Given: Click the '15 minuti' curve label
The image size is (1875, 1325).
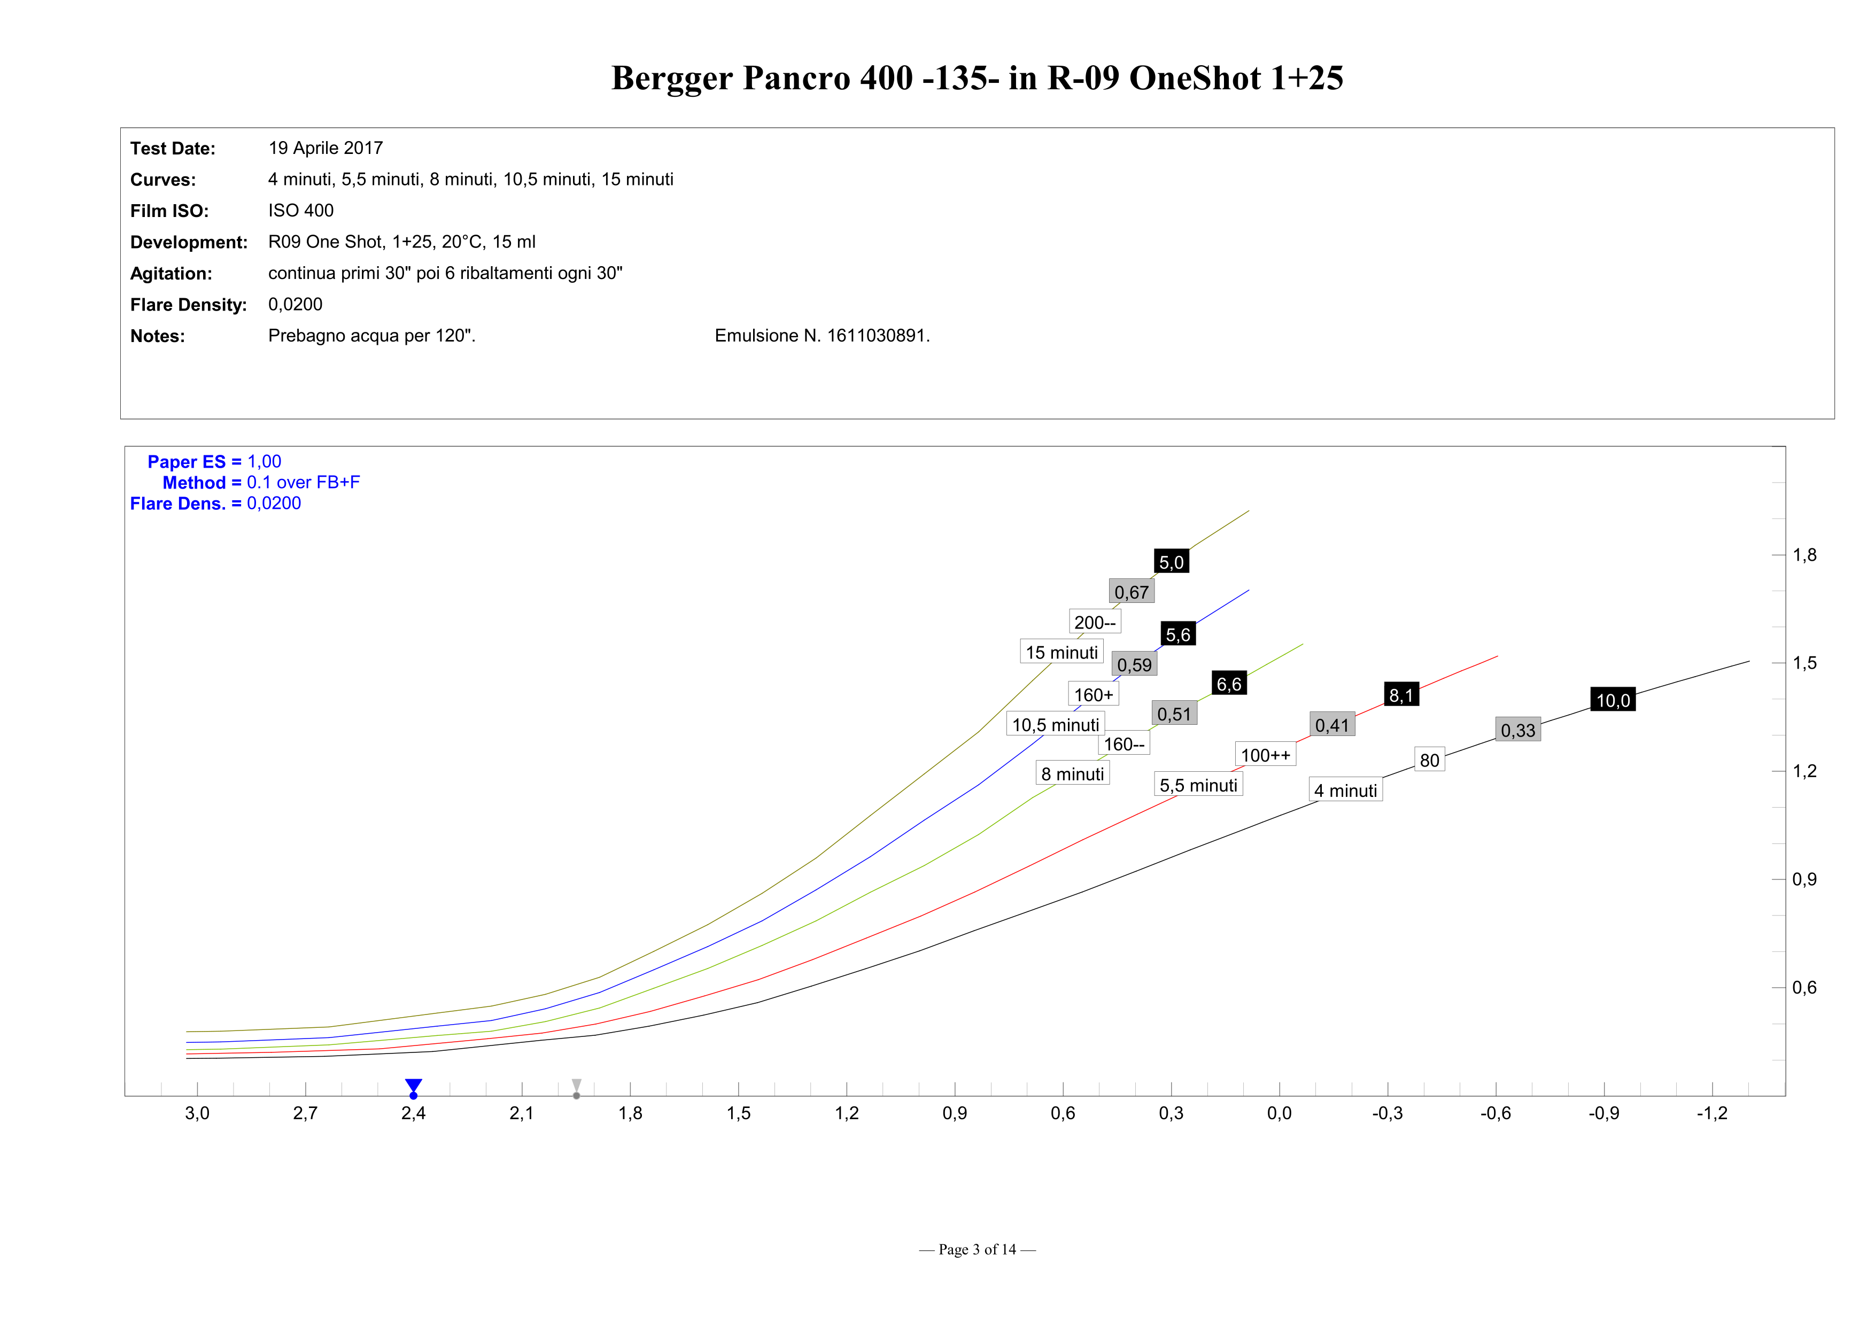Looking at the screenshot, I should (1062, 652).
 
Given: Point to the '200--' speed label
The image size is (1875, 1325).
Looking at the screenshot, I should (1094, 622).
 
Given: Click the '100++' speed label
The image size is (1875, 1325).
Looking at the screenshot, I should (1265, 755).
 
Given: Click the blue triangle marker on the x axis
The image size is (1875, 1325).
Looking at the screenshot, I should (413, 1086).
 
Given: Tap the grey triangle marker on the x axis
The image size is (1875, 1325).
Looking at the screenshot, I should (577, 1086).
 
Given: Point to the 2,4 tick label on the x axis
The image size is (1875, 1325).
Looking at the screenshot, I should (413, 1113).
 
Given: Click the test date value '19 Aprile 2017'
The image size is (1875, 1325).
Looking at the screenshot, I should (325, 148).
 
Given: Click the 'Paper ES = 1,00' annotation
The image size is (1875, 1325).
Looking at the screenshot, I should (214, 461).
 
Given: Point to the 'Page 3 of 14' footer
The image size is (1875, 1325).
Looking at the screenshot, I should (977, 1249).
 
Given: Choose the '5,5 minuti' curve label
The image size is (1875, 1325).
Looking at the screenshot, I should (1198, 785).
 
